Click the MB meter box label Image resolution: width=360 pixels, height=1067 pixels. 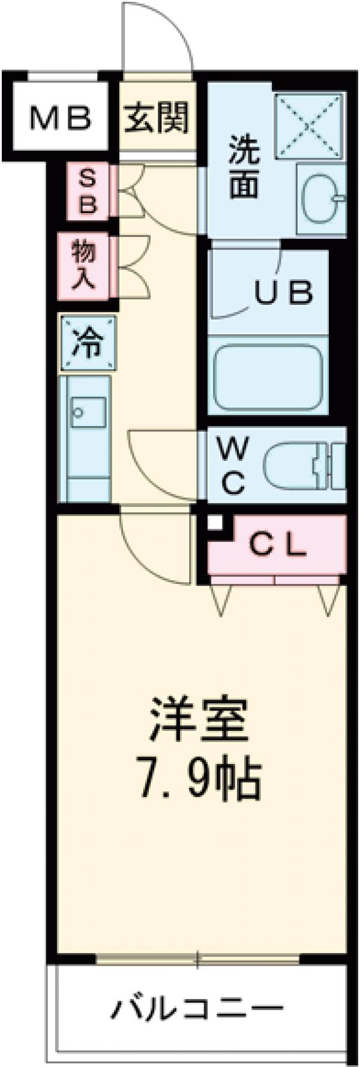tap(61, 118)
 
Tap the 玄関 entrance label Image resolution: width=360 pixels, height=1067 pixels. tap(157, 118)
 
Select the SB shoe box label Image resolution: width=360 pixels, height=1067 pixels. tap(88, 191)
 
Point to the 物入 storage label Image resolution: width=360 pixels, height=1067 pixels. tap(84, 265)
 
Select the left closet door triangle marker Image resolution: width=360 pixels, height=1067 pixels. tap(221, 601)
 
